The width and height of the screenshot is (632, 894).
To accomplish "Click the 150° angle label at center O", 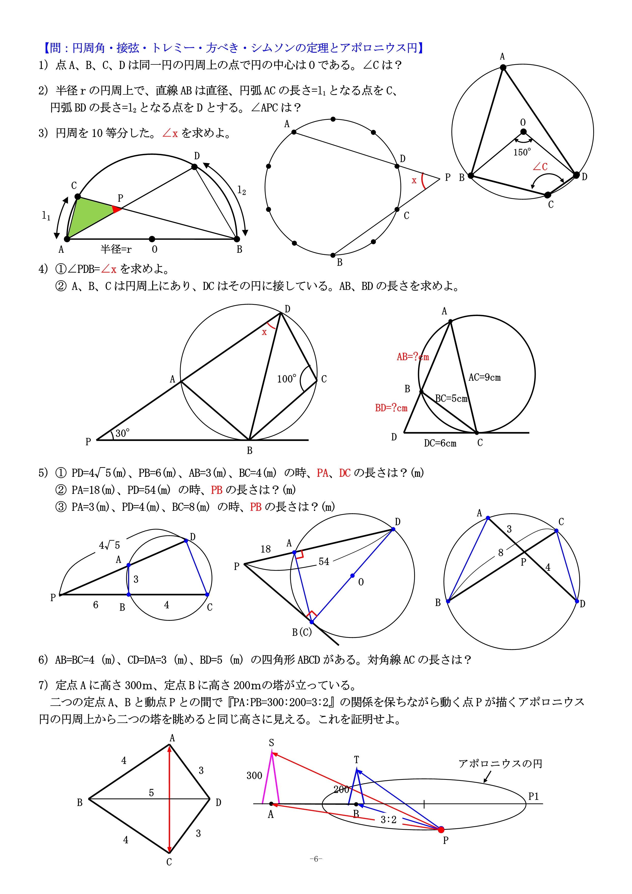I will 522,152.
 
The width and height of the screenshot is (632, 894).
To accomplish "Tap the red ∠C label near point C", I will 540,167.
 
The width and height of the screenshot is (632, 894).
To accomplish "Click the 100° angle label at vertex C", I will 286,379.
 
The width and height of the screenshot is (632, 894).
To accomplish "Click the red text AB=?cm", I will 412,357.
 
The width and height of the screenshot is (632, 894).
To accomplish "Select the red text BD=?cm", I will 391,408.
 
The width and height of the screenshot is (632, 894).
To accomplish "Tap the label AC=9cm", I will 485,377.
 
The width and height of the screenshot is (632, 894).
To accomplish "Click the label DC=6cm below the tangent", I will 440,443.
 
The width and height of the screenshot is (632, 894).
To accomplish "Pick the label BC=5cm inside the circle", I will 451,399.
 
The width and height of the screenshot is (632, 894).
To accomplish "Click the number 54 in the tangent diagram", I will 324,561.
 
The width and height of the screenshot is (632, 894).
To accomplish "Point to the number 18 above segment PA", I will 265,549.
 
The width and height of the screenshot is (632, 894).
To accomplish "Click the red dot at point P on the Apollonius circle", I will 441,830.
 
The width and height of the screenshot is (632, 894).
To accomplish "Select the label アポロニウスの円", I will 500,764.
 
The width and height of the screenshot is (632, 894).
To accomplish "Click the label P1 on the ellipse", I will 533,796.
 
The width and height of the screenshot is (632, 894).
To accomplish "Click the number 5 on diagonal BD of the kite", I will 151,793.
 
